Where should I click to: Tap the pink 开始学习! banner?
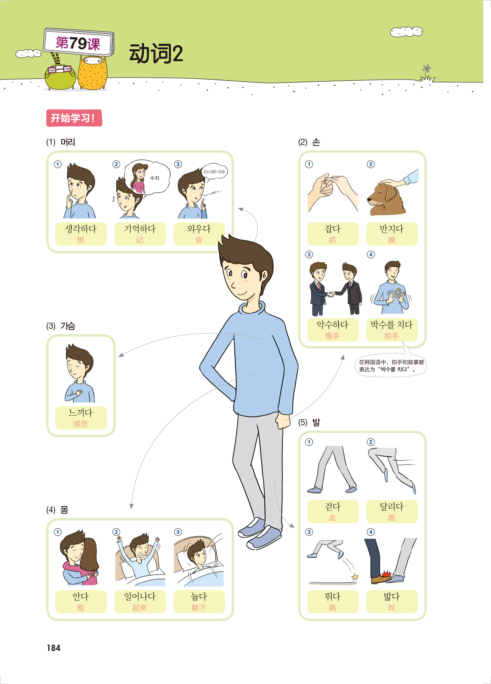(x=74, y=118)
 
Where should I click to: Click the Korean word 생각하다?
(x=81, y=229)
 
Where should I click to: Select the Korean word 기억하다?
(x=140, y=229)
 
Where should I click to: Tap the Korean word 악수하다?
(x=332, y=325)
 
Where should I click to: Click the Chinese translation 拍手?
(x=392, y=336)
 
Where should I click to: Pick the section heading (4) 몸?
(x=57, y=510)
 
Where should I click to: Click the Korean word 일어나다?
(x=140, y=596)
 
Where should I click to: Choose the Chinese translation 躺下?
(x=199, y=608)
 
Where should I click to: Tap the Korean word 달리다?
(x=392, y=507)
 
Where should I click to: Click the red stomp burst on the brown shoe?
(x=386, y=573)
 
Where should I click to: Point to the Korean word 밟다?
(x=392, y=596)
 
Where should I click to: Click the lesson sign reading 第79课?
(x=79, y=42)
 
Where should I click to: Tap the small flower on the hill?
(x=426, y=69)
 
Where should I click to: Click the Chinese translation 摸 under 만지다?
(x=392, y=240)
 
